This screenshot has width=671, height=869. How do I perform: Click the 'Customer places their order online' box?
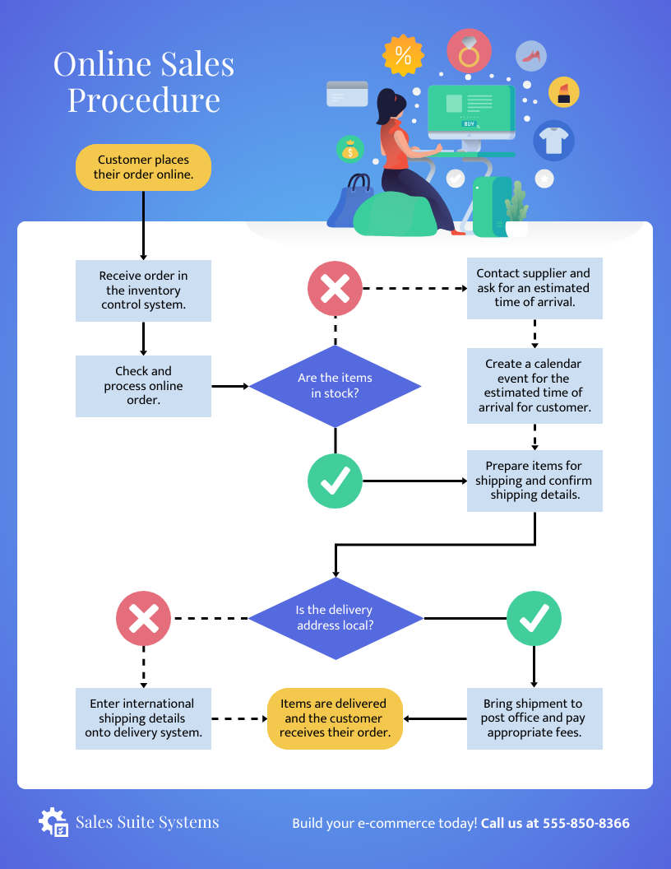pos(144,167)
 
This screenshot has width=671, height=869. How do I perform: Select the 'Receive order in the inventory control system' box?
pos(144,290)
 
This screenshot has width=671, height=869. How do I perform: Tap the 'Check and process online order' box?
pos(144,386)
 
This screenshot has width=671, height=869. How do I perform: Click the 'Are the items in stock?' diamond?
pos(335,385)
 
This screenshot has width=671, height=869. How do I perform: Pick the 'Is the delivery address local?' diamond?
pos(335,618)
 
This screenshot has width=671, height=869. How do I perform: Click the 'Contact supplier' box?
pos(534,288)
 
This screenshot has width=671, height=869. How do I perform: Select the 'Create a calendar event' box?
pos(534,386)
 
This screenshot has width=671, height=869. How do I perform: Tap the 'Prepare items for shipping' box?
pos(534,481)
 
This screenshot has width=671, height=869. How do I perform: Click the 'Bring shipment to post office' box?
pos(534,718)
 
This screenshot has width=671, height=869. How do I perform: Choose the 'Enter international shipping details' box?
pos(144,718)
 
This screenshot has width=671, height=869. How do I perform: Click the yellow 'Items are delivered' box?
pos(335,718)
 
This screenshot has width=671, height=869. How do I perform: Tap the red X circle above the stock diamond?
pos(335,289)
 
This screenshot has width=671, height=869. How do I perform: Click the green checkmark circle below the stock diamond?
pos(335,481)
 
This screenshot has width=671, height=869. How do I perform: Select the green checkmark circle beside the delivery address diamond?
pos(534,618)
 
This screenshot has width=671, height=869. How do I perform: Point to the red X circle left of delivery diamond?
pos(144,618)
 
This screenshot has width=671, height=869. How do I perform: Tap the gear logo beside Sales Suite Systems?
pos(53,822)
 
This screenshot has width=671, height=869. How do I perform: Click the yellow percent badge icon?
pos(403,55)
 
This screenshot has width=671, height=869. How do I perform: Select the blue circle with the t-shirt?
pos(553,140)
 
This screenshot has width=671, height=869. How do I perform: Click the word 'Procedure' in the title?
pos(144,100)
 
